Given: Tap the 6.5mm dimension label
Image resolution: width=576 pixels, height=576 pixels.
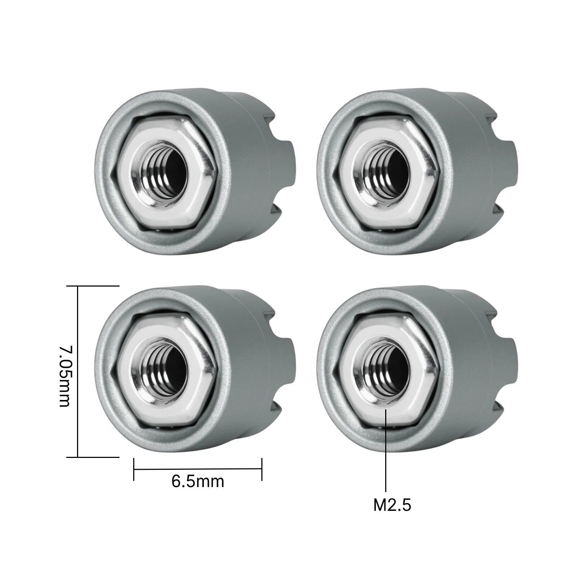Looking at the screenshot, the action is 198,481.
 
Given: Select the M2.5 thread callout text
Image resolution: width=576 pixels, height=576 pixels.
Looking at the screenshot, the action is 392,505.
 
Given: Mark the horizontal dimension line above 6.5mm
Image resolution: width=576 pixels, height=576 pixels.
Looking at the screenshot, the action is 198,469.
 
